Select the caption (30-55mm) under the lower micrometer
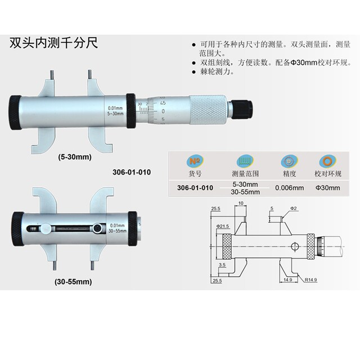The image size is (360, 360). tap(74, 280)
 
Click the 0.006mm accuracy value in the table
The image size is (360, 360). tap(289, 188)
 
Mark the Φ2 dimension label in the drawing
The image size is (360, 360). tap(294, 208)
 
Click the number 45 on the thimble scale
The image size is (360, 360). tap(163, 103)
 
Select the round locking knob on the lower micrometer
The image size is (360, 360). tap(98, 228)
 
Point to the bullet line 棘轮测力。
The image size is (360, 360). tap(216, 72)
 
